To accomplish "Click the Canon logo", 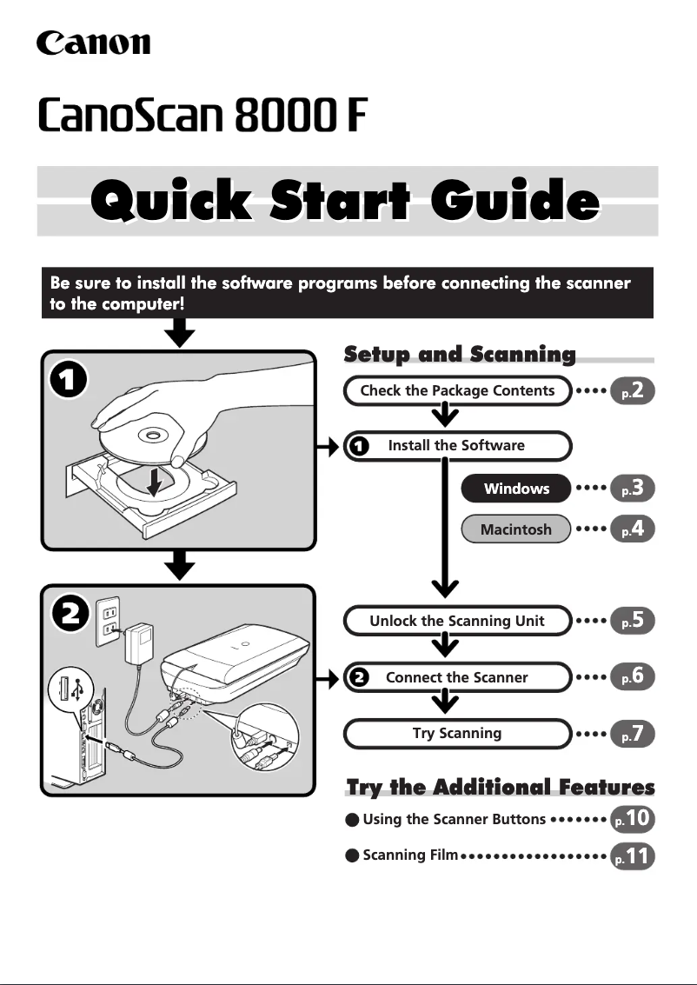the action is pyautogui.click(x=93, y=43).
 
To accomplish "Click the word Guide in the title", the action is pyautogui.click(x=514, y=200).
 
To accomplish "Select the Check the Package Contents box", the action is pyautogui.click(x=457, y=390).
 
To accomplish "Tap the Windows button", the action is pyautogui.click(x=516, y=488).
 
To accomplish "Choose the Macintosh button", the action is pyautogui.click(x=516, y=529).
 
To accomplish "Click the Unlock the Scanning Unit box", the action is pyautogui.click(x=457, y=621).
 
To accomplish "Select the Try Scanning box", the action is pyautogui.click(x=457, y=733).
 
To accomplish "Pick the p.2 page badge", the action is pyautogui.click(x=633, y=390).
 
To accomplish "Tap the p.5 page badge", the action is pyautogui.click(x=633, y=621).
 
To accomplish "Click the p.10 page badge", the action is pyautogui.click(x=633, y=819).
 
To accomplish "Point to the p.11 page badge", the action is pyautogui.click(x=633, y=856).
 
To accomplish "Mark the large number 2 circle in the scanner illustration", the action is pyautogui.click(x=70, y=614).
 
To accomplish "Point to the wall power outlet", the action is pyautogui.click(x=108, y=621).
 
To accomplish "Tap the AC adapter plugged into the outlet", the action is pyautogui.click(x=139, y=642).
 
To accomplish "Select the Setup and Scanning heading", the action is pyautogui.click(x=460, y=355).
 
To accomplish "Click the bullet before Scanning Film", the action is pyautogui.click(x=352, y=855).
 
